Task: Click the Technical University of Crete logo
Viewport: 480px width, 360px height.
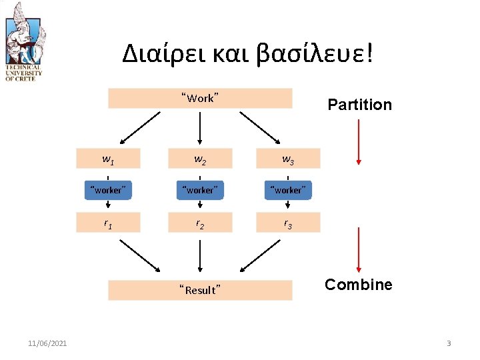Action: point(24,41)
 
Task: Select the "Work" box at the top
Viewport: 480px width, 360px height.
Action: point(200,98)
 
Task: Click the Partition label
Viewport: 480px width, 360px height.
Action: point(359,105)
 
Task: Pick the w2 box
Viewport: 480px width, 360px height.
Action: point(200,159)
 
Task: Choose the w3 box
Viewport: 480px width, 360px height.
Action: point(288,159)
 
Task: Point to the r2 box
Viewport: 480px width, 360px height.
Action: point(200,223)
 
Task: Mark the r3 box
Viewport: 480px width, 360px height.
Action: point(288,223)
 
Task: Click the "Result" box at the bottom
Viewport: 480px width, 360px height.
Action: point(200,290)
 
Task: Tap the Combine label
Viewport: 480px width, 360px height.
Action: point(359,285)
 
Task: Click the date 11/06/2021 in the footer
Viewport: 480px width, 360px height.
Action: point(47,343)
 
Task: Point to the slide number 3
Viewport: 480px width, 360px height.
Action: point(449,343)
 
